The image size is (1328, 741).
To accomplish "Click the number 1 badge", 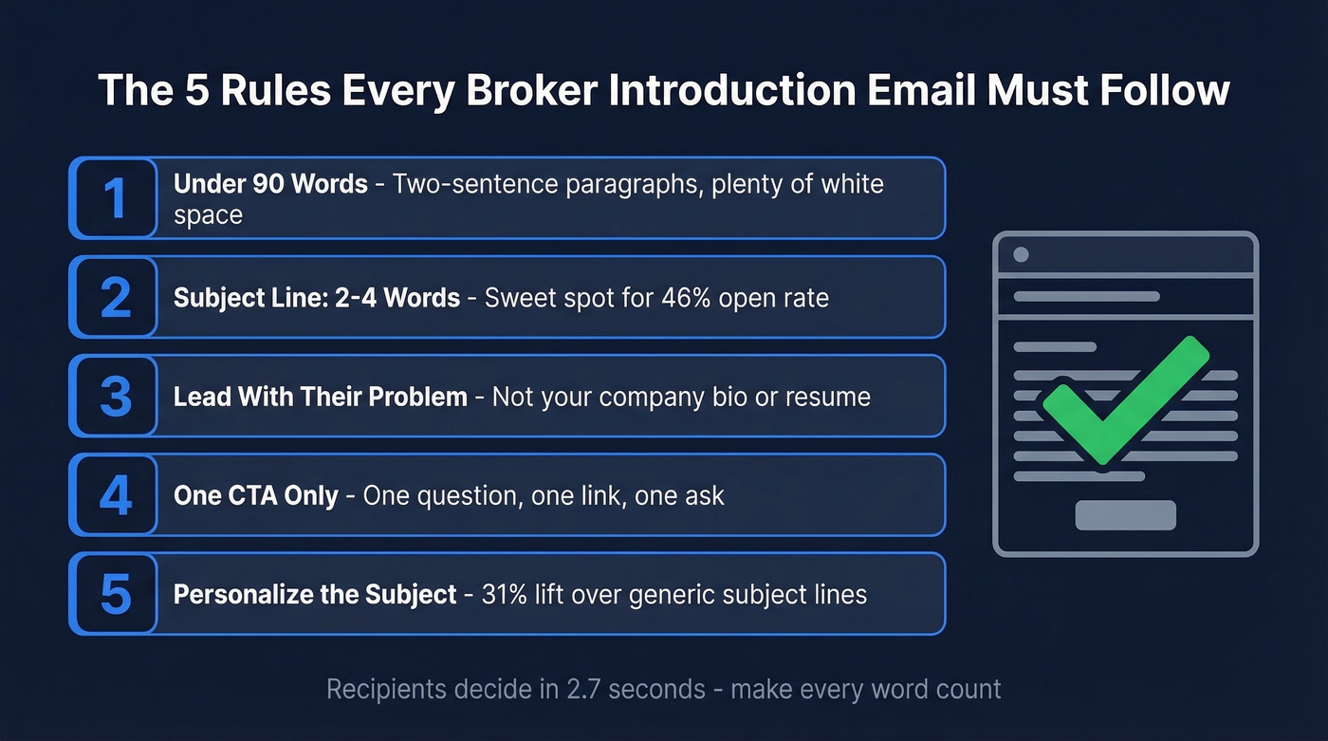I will (115, 198).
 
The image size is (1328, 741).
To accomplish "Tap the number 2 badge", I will (115, 297).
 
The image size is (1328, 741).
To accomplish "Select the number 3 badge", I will (115, 396).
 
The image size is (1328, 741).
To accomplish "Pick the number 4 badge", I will (115, 494).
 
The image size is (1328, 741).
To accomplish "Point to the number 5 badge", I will (115, 593).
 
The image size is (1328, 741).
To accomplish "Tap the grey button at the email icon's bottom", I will (1125, 515).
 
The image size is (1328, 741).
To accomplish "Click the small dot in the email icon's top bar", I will (1021, 254).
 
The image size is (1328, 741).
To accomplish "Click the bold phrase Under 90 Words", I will (270, 183).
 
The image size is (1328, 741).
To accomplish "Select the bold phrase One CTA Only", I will (256, 495).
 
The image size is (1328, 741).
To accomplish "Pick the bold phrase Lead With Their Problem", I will (320, 397).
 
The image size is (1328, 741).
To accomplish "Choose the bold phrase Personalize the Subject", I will (315, 595).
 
